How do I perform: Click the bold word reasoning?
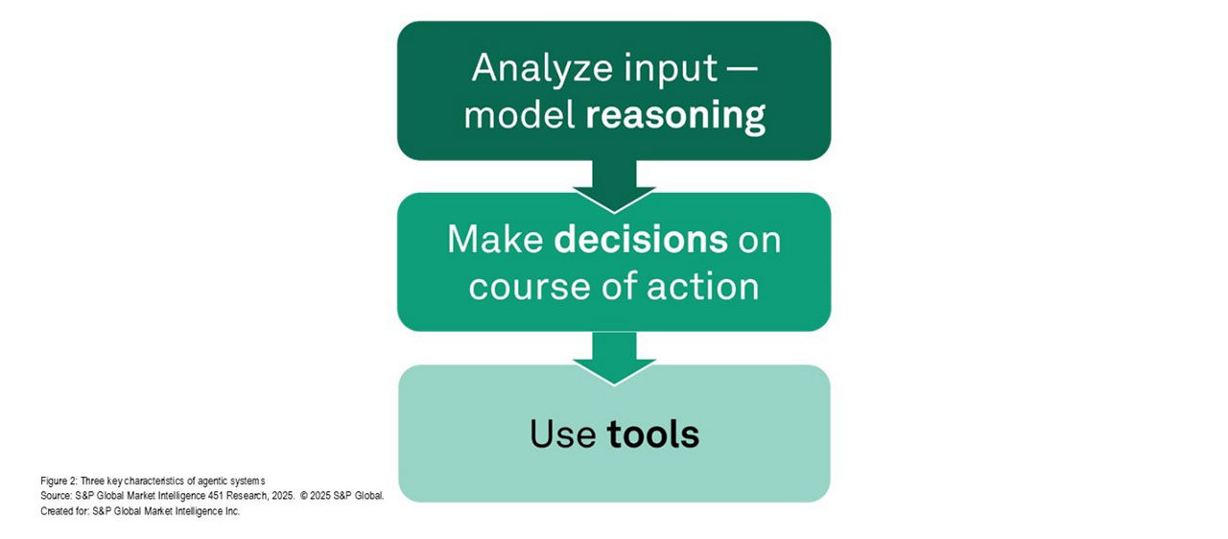674,116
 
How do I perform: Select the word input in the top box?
671,69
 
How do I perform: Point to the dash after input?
744,69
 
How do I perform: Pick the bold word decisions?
641,240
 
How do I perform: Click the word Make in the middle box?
495,240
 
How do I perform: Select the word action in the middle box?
703,287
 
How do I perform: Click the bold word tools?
653,434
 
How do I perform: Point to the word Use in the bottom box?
562,434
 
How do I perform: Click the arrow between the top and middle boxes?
614,186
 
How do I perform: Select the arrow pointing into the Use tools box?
614,359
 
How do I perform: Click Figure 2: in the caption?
59,480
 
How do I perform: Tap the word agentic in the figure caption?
212,480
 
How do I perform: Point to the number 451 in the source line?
216,496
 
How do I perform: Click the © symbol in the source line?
304,496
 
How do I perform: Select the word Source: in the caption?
56,496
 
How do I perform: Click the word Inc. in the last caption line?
232,511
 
